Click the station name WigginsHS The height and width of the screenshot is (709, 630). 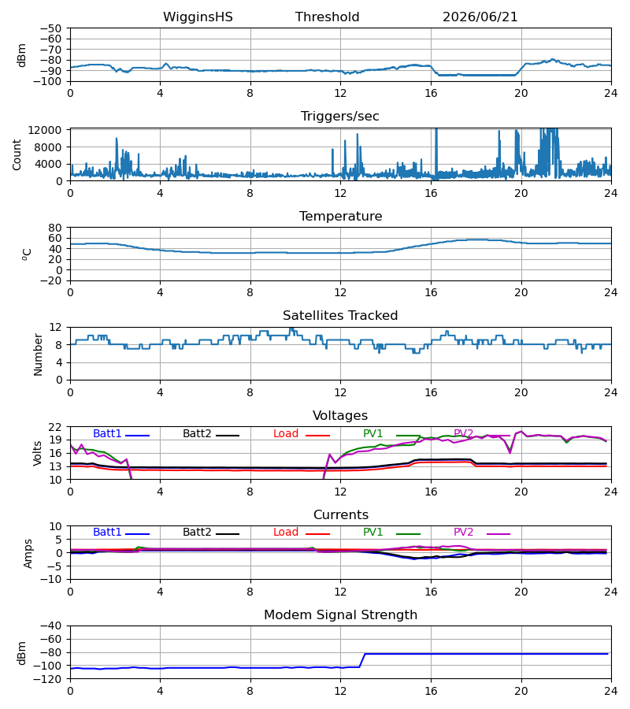198,17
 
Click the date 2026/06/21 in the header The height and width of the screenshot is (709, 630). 480,17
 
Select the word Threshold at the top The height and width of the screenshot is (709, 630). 327,17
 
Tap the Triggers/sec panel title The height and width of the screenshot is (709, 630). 340,117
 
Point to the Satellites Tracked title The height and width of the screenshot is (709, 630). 340,316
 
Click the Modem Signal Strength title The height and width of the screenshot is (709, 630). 341,615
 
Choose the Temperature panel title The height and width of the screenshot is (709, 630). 341,216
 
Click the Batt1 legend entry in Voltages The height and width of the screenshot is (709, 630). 121,433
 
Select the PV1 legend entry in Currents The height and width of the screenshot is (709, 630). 391,533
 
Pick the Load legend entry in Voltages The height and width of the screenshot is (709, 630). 302,433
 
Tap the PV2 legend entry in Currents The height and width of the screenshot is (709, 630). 482,533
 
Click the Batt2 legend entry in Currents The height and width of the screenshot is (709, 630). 211,533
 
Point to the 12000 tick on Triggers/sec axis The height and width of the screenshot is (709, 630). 45,130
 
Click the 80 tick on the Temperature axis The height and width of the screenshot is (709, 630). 55,228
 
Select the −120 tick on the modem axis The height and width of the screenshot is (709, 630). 50,679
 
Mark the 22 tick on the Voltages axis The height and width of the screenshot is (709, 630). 55,427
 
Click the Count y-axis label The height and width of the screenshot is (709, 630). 17,154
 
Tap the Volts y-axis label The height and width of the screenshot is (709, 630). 38,453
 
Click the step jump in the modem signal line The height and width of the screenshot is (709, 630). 362,660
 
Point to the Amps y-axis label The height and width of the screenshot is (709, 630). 28,553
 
